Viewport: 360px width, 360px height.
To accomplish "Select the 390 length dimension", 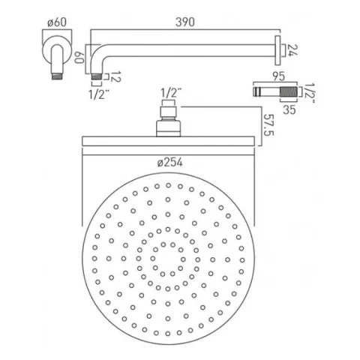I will tap(185, 22).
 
